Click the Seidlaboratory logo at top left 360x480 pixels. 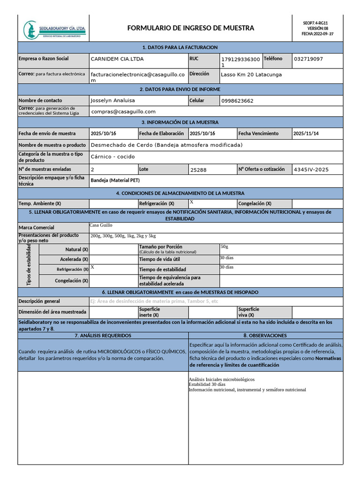(54, 30)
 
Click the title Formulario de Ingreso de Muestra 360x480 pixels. (191, 28)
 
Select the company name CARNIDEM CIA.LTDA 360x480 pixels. (117, 59)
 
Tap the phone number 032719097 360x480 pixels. (308, 59)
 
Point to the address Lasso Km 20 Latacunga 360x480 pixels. (251, 74)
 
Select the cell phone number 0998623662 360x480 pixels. (237, 101)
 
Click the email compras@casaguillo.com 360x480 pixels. (123, 112)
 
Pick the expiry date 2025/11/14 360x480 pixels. (306, 134)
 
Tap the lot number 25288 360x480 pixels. (198, 170)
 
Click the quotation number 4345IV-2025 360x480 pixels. (311, 169)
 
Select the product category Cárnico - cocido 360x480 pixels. (112, 157)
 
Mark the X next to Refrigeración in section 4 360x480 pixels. (192, 202)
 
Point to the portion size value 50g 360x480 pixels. (224, 247)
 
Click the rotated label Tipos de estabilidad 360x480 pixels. (29, 265)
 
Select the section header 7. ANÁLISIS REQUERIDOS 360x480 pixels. (103, 336)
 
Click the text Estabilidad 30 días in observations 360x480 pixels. (207, 384)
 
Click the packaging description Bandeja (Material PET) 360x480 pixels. (115, 180)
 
